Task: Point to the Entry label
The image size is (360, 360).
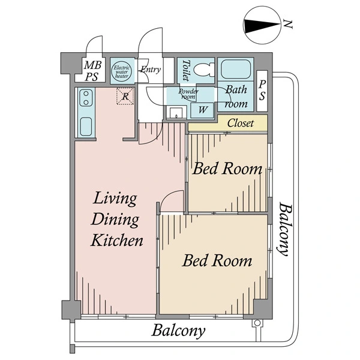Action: (x=150, y=70)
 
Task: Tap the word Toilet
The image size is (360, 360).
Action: (x=185, y=71)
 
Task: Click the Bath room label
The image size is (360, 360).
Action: (x=236, y=97)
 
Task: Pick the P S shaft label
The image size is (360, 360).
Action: (x=263, y=91)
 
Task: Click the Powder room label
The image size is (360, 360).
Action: (x=188, y=94)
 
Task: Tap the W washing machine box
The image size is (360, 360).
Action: (x=202, y=110)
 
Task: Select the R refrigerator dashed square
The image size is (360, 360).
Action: (x=125, y=96)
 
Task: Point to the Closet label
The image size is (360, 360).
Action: (x=239, y=124)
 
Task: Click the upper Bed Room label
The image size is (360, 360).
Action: (x=227, y=169)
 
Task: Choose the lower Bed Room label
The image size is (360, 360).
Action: (x=217, y=261)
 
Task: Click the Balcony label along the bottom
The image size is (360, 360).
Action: (x=178, y=330)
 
